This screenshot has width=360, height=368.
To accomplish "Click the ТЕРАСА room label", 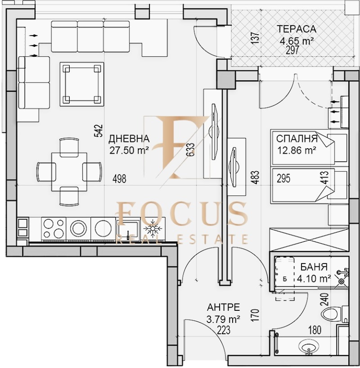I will [297, 29].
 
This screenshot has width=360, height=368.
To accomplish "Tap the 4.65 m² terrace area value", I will [296, 41].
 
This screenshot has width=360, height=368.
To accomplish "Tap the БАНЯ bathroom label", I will [315, 267].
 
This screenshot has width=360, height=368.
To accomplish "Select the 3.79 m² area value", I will [223, 320].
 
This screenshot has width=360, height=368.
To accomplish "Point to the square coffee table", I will [81, 83].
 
